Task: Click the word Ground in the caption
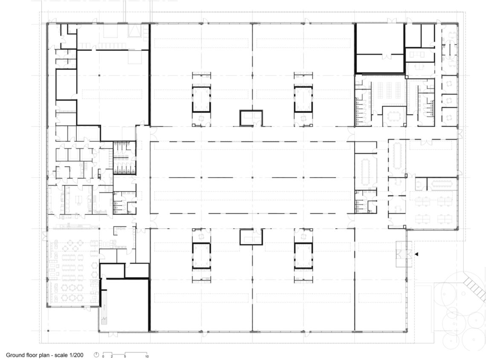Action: (x=15, y=355)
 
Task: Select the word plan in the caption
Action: (x=44, y=355)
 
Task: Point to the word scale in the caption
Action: (x=62, y=355)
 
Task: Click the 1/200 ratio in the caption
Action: (x=77, y=355)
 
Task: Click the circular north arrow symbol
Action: (x=96, y=355)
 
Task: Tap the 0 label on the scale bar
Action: (x=103, y=357)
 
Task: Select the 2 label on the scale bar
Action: (x=112, y=357)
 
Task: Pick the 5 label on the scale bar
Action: (x=125, y=357)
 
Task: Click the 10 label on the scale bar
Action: (x=147, y=357)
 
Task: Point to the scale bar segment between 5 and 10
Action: (x=136, y=353)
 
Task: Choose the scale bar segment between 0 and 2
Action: (x=107, y=353)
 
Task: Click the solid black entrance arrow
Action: (x=417, y=254)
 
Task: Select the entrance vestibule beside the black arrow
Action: (x=404, y=254)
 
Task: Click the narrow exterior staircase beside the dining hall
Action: (x=104, y=307)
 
